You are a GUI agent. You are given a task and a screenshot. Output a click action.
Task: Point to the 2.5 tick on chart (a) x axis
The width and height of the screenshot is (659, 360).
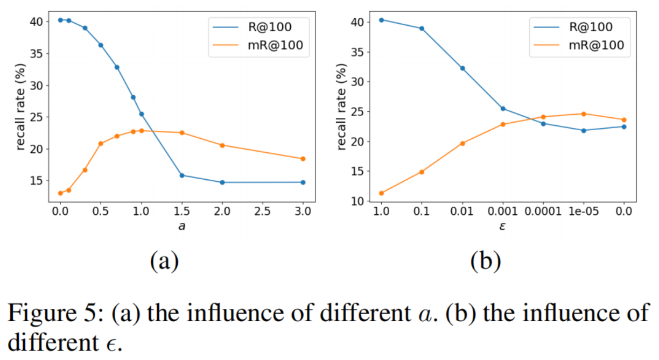[262, 212]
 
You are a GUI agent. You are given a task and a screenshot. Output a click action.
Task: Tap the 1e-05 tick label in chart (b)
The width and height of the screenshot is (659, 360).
[583, 211]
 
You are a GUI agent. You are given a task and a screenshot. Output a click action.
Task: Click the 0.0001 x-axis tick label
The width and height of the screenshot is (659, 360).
[543, 211]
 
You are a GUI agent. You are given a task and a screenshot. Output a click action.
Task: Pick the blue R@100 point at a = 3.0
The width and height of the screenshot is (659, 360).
[303, 182]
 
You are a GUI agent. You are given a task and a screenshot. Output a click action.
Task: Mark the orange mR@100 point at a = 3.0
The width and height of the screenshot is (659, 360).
[303, 159]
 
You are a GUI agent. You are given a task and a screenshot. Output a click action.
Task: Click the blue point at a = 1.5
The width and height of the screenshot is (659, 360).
[182, 175]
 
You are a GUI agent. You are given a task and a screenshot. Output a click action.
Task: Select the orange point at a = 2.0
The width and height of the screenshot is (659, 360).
[222, 145]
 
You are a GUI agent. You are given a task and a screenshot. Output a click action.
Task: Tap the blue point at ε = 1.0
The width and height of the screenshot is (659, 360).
[381, 20]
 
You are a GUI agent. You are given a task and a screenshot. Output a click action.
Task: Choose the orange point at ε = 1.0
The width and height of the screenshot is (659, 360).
[381, 193]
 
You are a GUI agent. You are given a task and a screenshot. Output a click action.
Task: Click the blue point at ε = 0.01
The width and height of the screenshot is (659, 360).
[462, 68]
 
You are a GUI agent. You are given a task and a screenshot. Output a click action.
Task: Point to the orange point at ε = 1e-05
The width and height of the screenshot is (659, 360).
[583, 114]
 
